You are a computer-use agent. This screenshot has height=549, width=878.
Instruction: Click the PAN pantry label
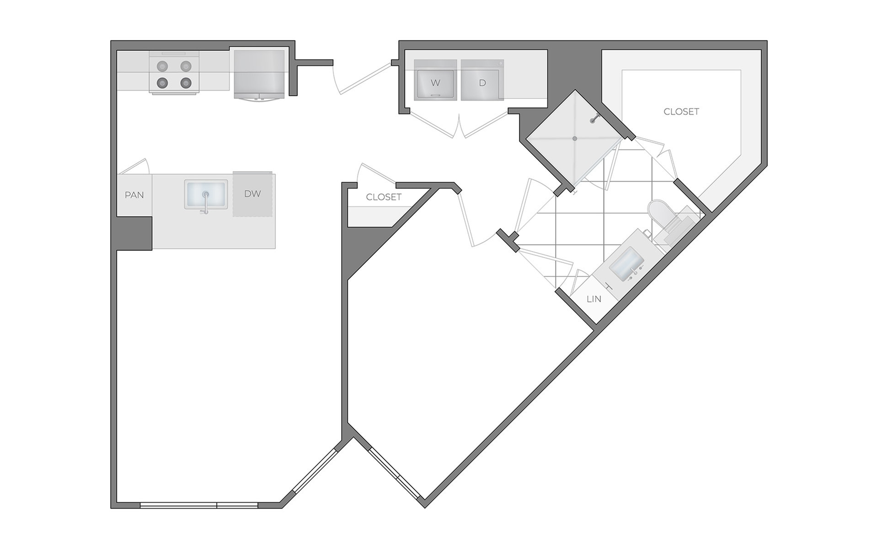coord(134,195)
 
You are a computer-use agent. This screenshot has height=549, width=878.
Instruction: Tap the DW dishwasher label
coord(252,194)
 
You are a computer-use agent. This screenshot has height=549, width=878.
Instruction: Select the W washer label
coord(435,83)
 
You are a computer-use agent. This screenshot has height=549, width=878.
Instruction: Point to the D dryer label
coord(482,83)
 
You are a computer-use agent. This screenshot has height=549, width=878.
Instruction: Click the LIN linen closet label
coord(594,299)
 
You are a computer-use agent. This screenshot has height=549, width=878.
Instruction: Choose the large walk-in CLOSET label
coord(681,111)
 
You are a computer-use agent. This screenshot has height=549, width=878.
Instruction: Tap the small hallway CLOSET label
coord(384,197)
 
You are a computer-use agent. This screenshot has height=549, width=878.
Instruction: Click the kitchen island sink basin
coord(206,194)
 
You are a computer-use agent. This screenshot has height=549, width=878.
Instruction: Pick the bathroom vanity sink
coord(627,265)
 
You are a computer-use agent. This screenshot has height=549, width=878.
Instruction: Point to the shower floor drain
coord(575,138)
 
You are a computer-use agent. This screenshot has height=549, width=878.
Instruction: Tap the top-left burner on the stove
coord(162,66)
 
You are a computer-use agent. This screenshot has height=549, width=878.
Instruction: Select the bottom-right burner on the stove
coord(185,83)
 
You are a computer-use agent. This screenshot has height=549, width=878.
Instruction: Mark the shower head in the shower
coord(594,119)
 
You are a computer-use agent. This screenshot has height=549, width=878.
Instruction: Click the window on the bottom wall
coord(199,505)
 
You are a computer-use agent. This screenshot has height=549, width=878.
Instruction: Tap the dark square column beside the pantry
coord(134,233)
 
